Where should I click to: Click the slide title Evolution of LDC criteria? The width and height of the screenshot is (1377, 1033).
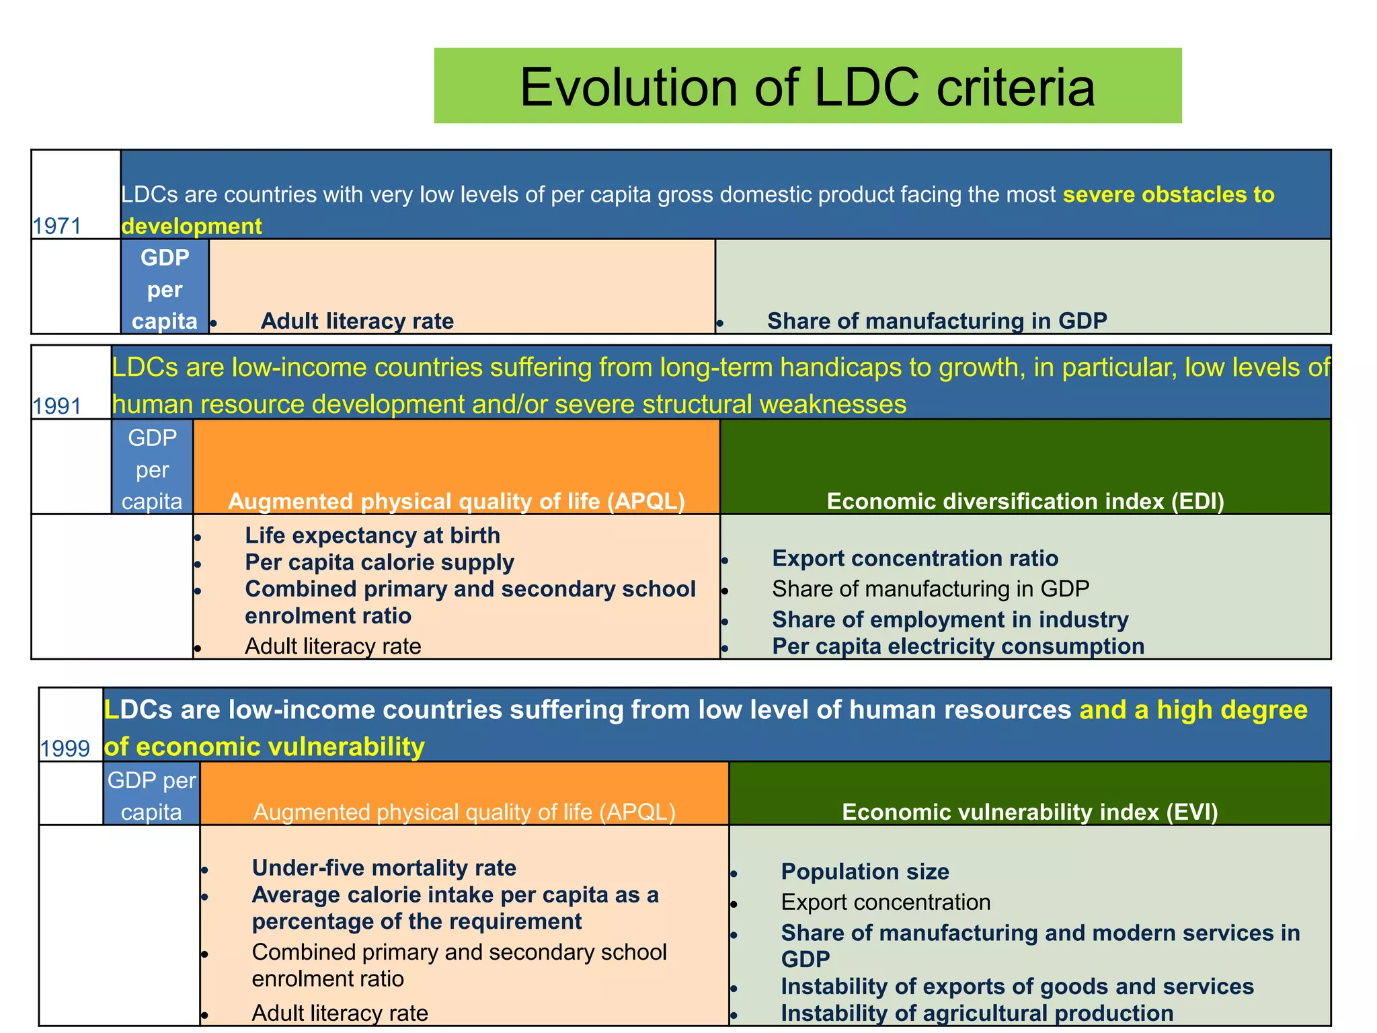point(807,87)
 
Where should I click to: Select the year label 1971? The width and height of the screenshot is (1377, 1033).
point(57,226)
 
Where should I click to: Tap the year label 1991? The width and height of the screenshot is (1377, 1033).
point(57,406)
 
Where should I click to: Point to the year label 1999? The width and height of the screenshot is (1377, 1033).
point(65,748)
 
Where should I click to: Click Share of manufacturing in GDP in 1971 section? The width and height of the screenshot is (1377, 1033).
point(937,321)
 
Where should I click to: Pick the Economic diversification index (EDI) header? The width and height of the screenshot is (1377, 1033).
point(1025,502)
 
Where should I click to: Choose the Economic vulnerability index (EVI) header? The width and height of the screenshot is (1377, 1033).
point(1029,812)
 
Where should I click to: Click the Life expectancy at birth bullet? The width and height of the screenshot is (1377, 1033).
point(372,535)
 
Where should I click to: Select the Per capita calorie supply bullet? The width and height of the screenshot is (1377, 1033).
point(379,562)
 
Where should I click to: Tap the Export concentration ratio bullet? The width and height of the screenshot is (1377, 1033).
point(914,558)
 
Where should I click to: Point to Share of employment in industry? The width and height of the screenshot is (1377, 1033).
point(949,619)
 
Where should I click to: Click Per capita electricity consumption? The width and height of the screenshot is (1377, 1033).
point(957,646)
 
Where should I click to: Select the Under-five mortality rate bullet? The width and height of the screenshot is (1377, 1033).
point(384,868)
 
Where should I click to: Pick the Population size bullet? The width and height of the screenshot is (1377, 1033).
point(865,872)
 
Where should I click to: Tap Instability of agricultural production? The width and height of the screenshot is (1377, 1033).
point(976,1013)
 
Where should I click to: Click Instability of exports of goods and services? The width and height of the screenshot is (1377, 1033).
point(1017,987)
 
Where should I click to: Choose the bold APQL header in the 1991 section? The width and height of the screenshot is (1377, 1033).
point(456,502)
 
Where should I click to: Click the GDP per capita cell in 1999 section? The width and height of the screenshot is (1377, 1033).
point(151,796)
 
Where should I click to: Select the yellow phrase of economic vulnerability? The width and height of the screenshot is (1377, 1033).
point(264,747)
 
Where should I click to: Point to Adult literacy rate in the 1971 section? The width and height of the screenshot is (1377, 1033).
point(357,321)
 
